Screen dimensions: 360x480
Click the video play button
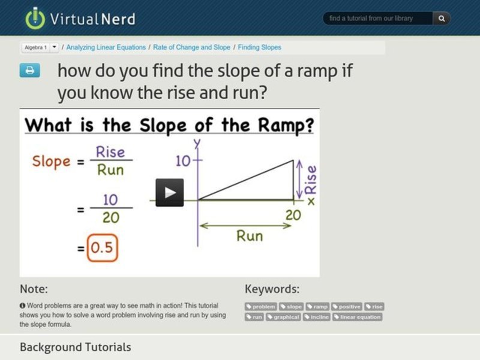(x=170, y=193)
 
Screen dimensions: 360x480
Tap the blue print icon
(x=29, y=71)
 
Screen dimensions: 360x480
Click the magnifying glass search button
(x=442, y=19)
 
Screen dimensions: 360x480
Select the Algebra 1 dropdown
(x=40, y=47)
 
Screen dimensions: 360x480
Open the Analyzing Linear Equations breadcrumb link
(x=106, y=47)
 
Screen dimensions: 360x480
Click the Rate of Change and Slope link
(x=191, y=47)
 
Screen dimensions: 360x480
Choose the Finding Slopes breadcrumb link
(x=260, y=47)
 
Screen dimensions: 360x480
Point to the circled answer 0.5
(x=101, y=247)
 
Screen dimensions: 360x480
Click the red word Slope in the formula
(x=51, y=161)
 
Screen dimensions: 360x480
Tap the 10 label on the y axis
(x=182, y=161)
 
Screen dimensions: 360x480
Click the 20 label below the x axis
(x=293, y=215)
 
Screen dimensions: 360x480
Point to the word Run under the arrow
(x=249, y=235)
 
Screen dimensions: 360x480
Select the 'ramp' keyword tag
(x=317, y=307)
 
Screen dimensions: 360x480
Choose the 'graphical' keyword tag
(x=283, y=317)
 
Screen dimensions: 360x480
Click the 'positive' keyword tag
(x=347, y=307)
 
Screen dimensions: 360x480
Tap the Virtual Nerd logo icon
(x=35, y=19)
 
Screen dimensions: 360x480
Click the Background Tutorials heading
(x=75, y=347)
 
